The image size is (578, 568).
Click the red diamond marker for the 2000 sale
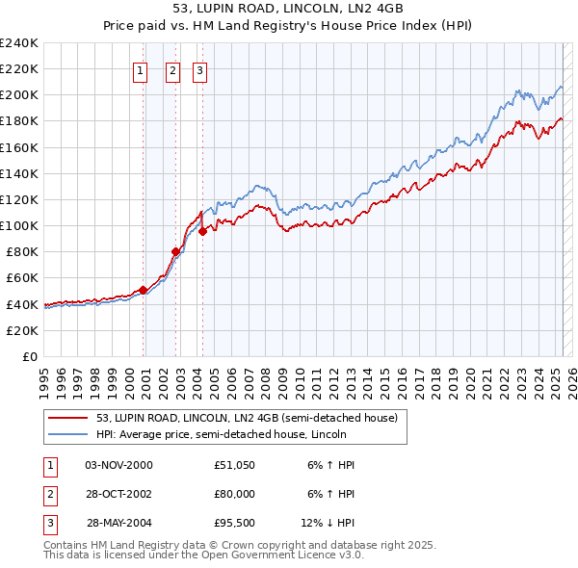pos(143,289)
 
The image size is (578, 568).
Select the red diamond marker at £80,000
pos(176,251)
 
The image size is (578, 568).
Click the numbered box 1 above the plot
pos(141,69)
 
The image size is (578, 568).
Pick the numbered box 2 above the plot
pos(172,69)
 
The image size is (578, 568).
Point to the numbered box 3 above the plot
pos(199,69)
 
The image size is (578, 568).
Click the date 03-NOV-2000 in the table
pos(118,465)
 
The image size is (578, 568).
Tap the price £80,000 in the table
pos(234,495)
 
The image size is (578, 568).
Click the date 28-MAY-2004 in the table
pos(119,525)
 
